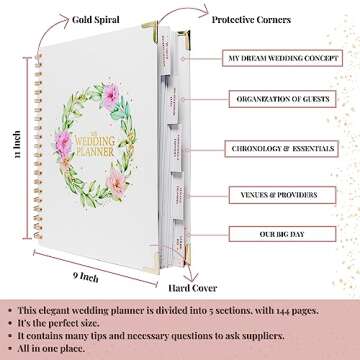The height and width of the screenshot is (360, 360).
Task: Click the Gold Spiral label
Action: click(75, 15)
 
